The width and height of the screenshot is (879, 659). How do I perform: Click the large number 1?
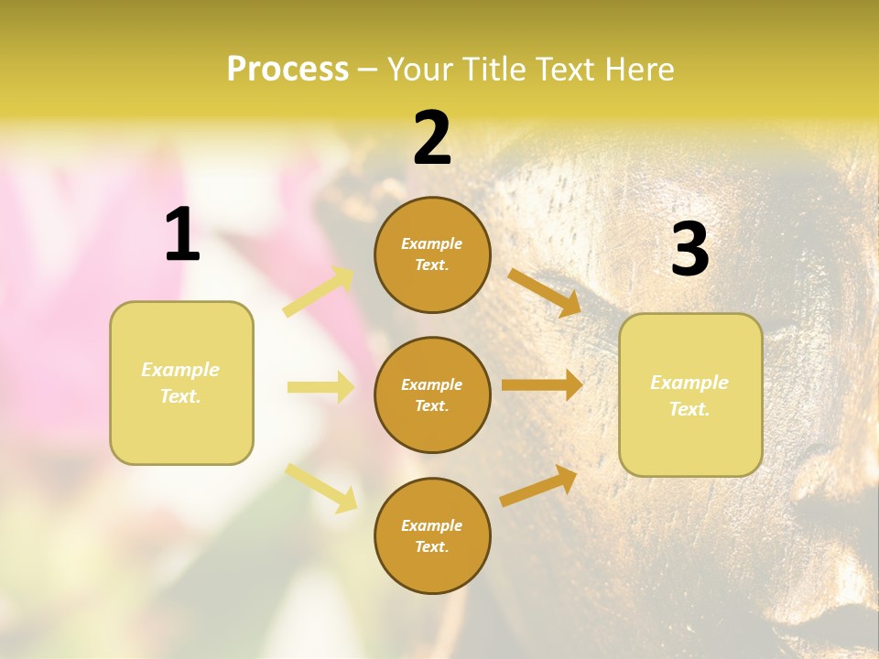coord(182,235)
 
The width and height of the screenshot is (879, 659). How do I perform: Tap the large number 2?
coord(432,138)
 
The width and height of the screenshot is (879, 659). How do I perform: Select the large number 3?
coord(689,250)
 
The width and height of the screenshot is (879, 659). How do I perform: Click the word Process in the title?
coord(288,69)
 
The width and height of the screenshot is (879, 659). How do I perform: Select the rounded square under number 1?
coord(181,383)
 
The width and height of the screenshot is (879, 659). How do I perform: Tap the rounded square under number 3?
coord(690,394)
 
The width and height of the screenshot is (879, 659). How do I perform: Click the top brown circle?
coord(432,254)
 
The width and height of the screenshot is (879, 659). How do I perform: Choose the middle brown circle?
coord(432,394)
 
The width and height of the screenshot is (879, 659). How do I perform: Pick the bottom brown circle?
coord(432,535)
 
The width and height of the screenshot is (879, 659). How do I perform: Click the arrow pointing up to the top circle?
coord(319,292)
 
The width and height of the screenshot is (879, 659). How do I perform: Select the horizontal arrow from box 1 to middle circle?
coord(320,387)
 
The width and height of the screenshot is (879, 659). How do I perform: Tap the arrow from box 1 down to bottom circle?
coord(321,487)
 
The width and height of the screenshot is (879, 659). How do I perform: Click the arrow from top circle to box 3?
coord(545,292)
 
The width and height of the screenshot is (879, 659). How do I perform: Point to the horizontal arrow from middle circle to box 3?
coord(542,385)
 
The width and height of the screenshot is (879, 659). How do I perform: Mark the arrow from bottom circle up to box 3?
coord(538,486)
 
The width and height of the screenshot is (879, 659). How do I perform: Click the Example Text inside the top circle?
coord(432,254)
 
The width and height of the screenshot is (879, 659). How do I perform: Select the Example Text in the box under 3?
coord(690,395)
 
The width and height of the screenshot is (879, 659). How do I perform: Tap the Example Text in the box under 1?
coord(181,383)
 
